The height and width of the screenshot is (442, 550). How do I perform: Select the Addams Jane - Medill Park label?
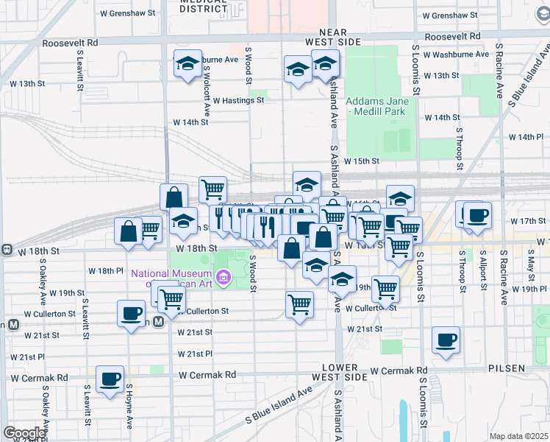(376, 107)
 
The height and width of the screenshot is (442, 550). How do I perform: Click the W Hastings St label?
(238, 100)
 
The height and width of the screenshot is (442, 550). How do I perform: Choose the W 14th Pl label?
(524, 137)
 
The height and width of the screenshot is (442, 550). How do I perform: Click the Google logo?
(24, 432)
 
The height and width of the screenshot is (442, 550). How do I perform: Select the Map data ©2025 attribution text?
(518, 436)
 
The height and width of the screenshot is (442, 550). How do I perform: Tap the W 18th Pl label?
(106, 271)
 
